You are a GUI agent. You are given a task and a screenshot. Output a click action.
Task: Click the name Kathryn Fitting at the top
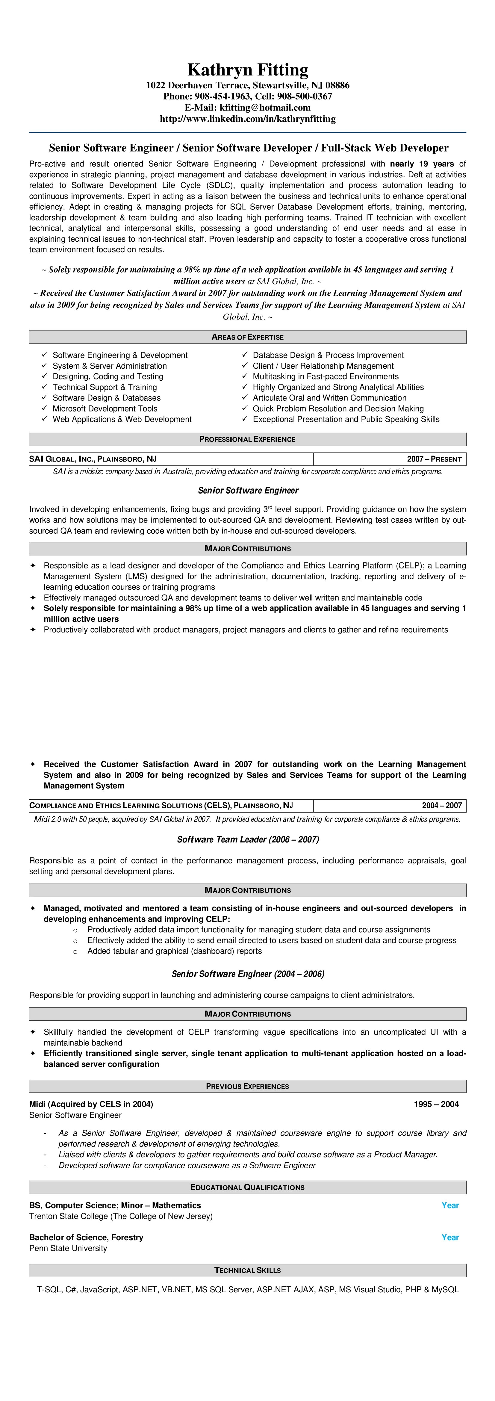(247, 69)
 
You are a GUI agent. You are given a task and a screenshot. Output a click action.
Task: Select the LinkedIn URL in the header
(247, 119)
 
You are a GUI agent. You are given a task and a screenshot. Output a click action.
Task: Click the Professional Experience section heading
(247, 439)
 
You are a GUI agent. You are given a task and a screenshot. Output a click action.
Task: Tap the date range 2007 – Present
(434, 459)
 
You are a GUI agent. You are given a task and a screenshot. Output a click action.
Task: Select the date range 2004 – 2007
(442, 805)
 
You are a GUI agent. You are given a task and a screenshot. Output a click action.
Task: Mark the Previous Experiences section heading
(247, 1086)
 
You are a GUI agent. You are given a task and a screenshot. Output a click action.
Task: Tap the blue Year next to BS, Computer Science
(450, 1205)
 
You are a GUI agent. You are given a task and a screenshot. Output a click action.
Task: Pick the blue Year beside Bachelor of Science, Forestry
(450, 1237)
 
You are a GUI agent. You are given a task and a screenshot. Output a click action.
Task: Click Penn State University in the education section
(68, 1248)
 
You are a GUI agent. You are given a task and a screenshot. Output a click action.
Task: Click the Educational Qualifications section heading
(247, 1187)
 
